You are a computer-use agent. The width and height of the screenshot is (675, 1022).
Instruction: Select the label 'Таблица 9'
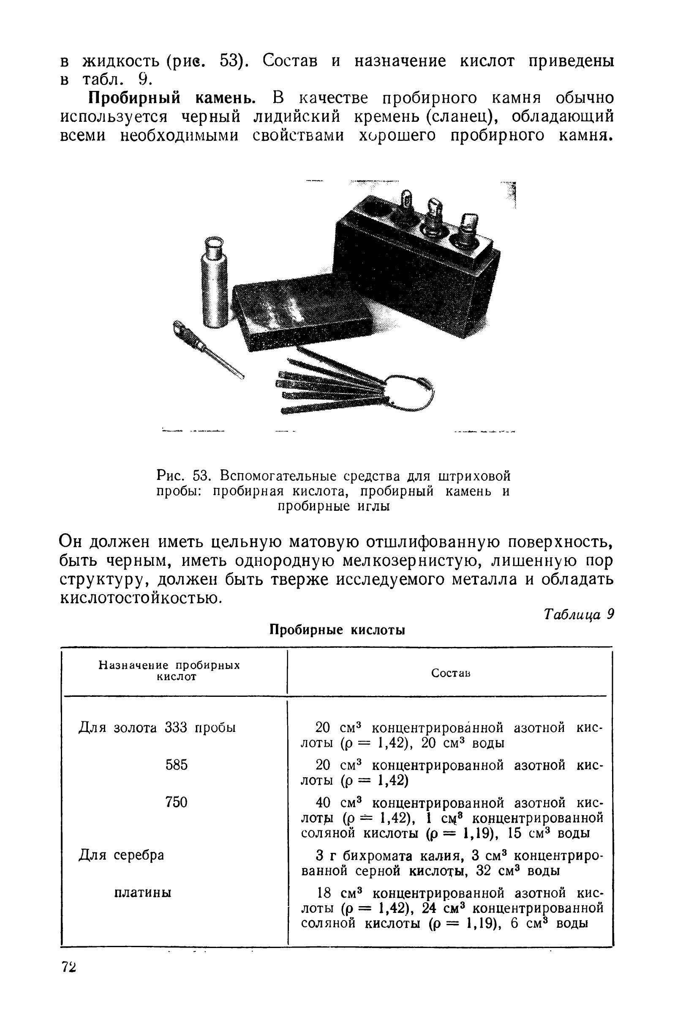point(577,614)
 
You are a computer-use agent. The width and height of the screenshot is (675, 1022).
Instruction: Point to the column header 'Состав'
point(450,674)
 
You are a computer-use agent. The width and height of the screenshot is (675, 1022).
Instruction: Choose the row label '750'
point(177,802)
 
